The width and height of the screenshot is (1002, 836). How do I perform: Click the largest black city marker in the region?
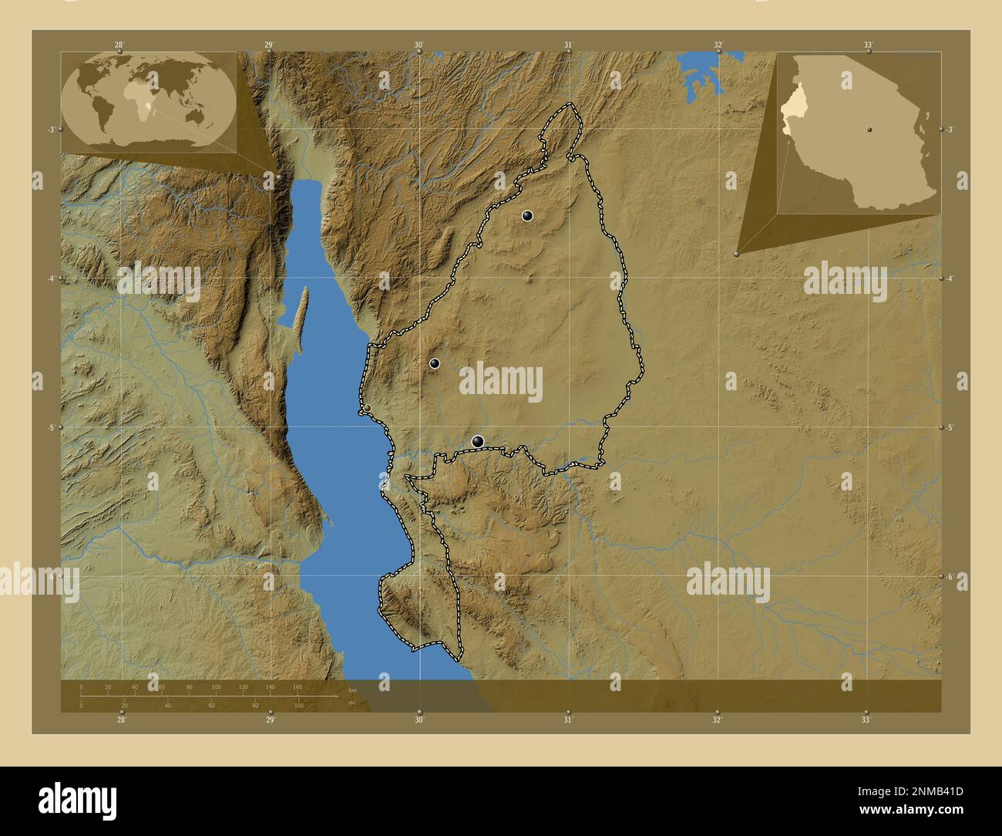[x=478, y=441]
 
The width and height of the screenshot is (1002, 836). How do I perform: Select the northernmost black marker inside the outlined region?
[x=527, y=216]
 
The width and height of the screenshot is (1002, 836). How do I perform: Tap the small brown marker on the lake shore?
[x=368, y=408]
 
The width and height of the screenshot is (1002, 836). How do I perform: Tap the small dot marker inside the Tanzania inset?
[x=869, y=130]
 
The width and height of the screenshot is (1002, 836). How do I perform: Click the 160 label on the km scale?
[x=298, y=686]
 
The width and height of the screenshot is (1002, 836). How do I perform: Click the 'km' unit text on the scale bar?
[x=352, y=689]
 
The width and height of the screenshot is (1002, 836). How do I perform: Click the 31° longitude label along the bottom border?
[x=568, y=720]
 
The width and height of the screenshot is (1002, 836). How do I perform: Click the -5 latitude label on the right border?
[x=952, y=427]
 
